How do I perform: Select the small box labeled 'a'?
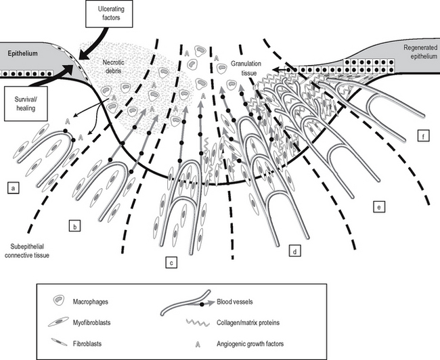coord(12,185)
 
